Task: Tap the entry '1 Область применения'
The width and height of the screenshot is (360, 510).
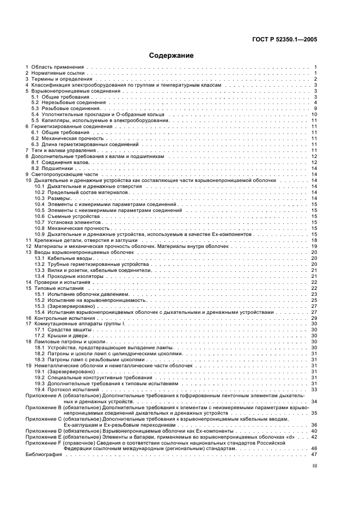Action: click(53, 67)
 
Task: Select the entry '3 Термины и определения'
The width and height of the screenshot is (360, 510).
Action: click(56, 79)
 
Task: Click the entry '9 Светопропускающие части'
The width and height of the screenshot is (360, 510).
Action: click(58, 174)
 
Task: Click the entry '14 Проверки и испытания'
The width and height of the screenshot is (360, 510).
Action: click(58, 282)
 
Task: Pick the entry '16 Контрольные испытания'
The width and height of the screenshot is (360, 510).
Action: click(59, 318)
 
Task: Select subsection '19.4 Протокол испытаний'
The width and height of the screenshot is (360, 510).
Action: click(65, 389)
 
